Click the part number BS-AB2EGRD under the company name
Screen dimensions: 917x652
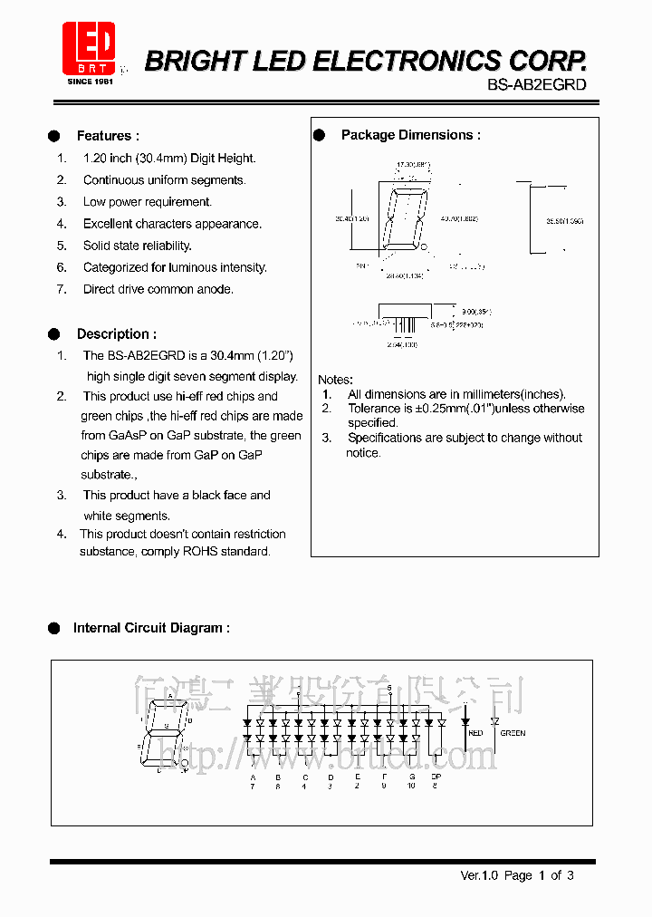538,84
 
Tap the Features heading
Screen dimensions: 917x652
108,136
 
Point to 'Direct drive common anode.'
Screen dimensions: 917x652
158,289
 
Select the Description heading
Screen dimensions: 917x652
116,333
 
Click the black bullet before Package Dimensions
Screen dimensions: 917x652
319,135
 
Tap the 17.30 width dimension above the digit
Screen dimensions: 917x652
413,165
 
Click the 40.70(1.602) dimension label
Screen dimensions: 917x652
459,218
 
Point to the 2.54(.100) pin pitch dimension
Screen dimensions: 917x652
400,344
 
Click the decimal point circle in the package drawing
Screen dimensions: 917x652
424,246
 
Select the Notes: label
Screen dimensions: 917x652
335,380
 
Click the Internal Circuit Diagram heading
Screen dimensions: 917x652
151,627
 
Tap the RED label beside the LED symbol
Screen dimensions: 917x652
475,732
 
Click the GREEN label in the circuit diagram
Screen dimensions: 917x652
513,733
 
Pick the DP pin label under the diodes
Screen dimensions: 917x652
436,777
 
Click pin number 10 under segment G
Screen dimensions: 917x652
410,787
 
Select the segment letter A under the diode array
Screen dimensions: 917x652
253,777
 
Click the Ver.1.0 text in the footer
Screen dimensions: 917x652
479,875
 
